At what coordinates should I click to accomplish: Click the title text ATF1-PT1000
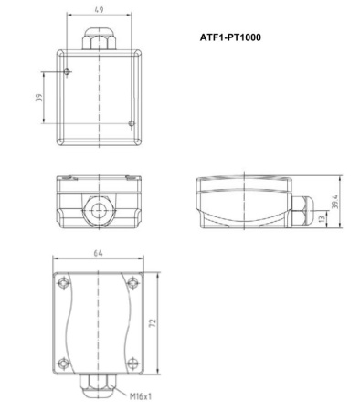pos(236,39)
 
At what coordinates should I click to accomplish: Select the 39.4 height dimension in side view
pos(336,200)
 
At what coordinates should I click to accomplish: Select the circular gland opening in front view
pos(97,210)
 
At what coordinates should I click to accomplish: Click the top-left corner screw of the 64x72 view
pos(62,282)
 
